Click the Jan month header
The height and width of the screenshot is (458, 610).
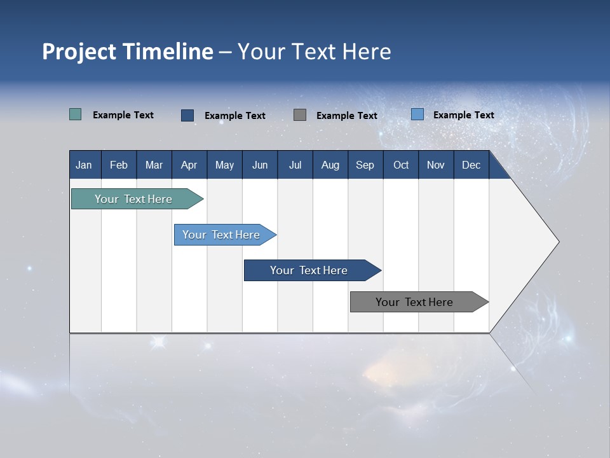[x=84, y=165]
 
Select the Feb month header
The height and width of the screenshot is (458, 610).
[x=119, y=165]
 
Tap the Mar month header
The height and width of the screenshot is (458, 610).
[x=154, y=165]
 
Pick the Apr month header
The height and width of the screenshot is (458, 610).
[x=189, y=165]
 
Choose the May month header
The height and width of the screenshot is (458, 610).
[x=224, y=165]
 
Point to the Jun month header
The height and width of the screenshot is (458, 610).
[x=260, y=165]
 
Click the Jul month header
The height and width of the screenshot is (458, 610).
[x=295, y=165]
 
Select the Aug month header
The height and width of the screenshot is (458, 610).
[x=330, y=165]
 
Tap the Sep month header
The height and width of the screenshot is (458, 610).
[x=365, y=165]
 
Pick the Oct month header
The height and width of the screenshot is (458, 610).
[x=401, y=165]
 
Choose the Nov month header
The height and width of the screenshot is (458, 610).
[x=436, y=165]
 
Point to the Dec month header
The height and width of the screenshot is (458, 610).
[x=471, y=165]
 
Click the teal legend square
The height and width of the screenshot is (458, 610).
[x=75, y=114]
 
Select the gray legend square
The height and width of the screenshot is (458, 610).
[x=300, y=114]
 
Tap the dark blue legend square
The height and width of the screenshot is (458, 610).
[x=187, y=115]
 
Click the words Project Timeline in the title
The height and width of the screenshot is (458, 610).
[x=128, y=52]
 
